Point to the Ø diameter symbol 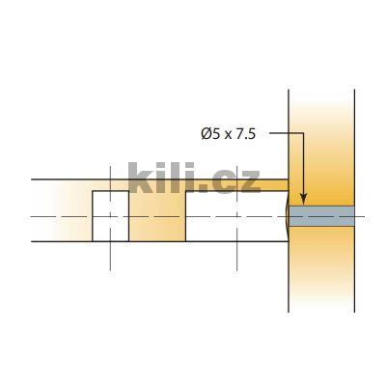(x=207, y=134)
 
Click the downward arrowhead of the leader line (x=303, y=198)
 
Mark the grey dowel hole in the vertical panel (x=322, y=216)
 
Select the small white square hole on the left (x=110, y=216)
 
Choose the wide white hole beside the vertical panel (x=235, y=216)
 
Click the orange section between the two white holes (x=156, y=216)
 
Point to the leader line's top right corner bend (x=303, y=134)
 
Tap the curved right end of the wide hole (x=287, y=216)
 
